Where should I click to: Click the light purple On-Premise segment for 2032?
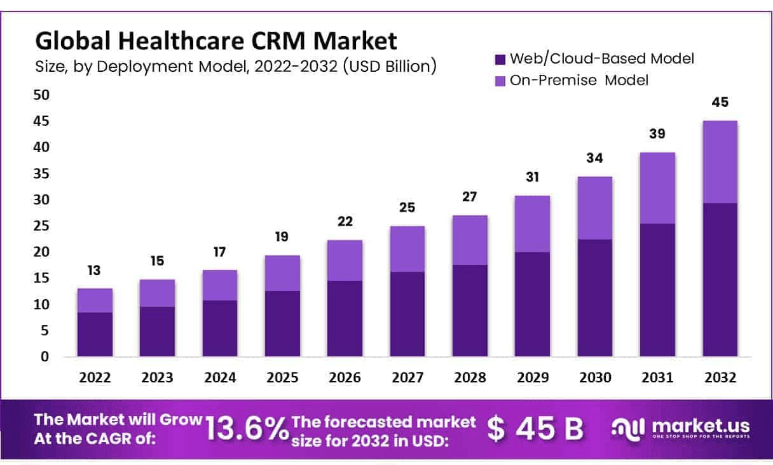(720, 162)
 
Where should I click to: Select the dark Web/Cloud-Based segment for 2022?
(95, 334)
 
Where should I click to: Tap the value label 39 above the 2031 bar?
(657, 134)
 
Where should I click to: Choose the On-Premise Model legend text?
(579, 80)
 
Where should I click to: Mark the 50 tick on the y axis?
(41, 95)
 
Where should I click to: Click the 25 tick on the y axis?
(41, 226)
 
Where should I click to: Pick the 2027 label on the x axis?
(407, 377)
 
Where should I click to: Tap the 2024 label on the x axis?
(220, 377)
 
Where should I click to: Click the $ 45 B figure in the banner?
(535, 429)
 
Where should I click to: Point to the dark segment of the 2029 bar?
(533, 304)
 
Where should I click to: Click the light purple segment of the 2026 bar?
(345, 260)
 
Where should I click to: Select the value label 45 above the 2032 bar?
(720, 102)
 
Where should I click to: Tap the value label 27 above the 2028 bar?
(470, 196)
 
